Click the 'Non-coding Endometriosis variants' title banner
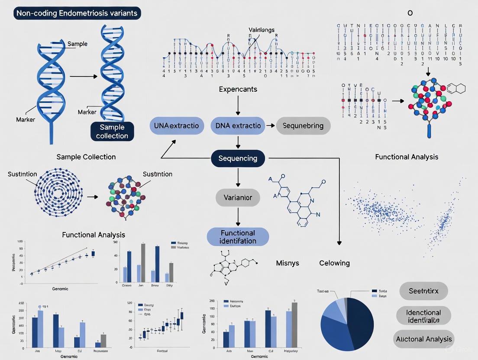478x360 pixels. pos(76,13)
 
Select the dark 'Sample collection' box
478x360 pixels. pos(112,132)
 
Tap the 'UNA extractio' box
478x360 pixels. pos(176,125)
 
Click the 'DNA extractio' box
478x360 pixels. pos(238,125)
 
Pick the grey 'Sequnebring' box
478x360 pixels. pos(303,125)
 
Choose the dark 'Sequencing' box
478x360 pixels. pos(237,158)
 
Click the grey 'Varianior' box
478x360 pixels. pos(237,198)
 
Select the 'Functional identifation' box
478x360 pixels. pos(238,237)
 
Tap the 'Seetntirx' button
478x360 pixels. pos(423,291)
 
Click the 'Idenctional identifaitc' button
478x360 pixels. pos(423,316)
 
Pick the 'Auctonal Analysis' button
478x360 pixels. pos(423,339)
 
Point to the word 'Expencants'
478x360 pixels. pos(238,90)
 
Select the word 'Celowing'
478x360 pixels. pos(334,263)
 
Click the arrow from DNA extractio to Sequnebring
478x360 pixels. pos(271,125)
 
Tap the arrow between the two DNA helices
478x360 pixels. pos(83,77)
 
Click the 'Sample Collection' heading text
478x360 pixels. pos(86,157)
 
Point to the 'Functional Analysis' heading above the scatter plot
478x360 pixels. pos(406,157)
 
